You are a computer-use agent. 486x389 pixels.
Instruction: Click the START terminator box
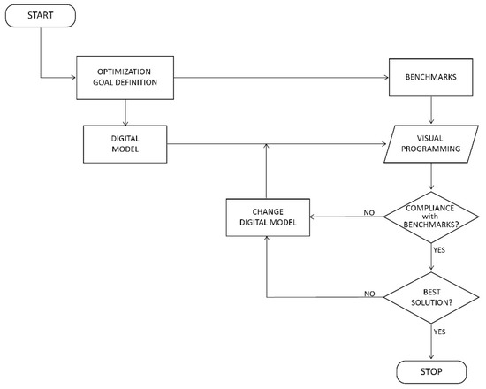point(41,16)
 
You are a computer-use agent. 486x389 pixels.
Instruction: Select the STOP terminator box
point(431,371)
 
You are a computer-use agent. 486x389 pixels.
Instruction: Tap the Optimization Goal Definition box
point(125,78)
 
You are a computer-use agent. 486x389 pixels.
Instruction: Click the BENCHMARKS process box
point(431,77)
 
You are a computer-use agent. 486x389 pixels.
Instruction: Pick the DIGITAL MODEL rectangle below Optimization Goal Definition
point(125,144)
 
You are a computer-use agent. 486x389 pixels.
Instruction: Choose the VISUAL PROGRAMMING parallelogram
point(431,144)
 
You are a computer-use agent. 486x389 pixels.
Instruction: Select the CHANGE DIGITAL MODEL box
point(268,217)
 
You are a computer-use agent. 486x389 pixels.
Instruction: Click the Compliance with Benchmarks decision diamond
point(431,217)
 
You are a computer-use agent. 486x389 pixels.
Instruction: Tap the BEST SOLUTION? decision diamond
point(431,297)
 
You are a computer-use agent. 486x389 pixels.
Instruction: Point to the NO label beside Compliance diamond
point(369,213)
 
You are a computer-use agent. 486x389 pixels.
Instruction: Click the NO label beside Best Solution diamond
point(369,294)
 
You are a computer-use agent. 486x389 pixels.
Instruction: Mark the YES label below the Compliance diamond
point(439,250)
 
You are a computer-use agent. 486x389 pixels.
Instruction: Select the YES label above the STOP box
point(439,332)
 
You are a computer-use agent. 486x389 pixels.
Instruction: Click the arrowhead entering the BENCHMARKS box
point(386,78)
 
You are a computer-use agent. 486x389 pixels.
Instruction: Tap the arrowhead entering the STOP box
point(431,357)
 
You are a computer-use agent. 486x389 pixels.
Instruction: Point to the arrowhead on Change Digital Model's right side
point(313,217)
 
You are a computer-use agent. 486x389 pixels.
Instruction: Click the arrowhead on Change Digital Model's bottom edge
point(267,239)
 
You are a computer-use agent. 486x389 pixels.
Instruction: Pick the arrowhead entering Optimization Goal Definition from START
point(73,78)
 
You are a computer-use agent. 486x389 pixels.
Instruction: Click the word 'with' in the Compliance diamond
point(430,217)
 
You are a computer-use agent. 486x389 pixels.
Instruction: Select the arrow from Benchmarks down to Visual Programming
point(431,111)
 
